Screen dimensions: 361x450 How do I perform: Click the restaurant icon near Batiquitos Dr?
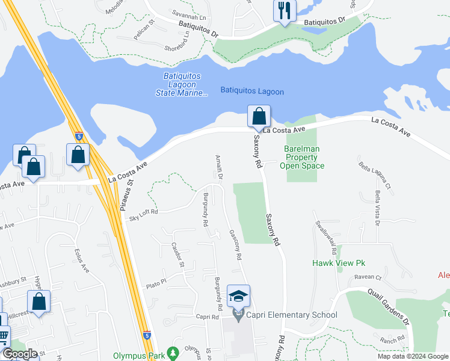[284, 10]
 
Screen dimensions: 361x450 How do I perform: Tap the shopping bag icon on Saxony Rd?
[259, 116]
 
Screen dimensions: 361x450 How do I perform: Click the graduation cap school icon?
[238, 297]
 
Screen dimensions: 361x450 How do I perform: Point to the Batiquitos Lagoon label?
[252, 91]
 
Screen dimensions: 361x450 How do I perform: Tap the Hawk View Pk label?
[339, 263]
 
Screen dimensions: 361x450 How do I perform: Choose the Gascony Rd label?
[235, 245]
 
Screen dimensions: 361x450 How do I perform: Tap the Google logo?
[20, 354]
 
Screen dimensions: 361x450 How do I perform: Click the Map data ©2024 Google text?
[413, 356]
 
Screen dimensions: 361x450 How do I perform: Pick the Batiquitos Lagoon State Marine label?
[185, 84]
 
